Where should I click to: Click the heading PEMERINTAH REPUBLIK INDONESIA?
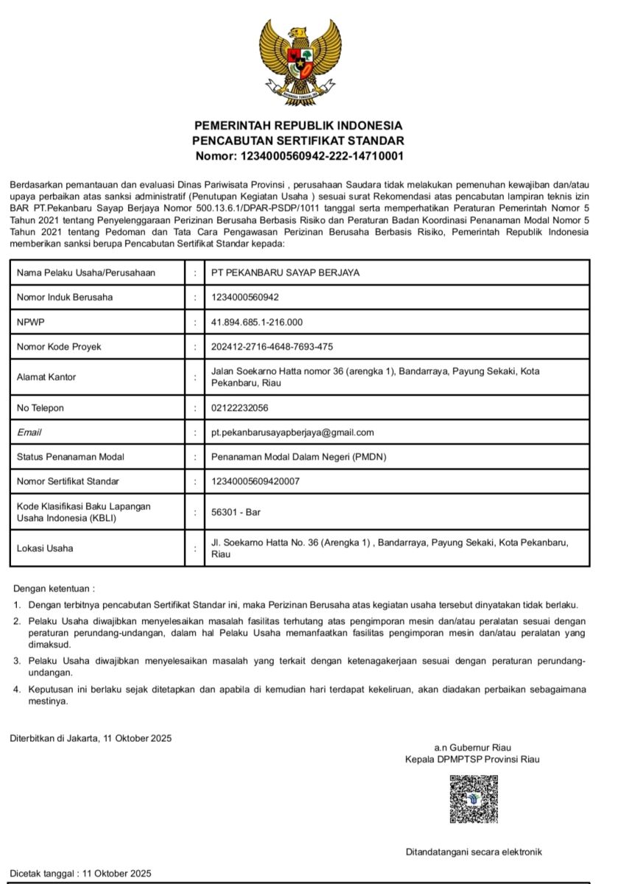(298, 125)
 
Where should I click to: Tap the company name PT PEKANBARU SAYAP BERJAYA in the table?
(285, 273)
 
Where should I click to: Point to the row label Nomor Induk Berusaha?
(65, 298)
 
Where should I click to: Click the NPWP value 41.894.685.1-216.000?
(257, 322)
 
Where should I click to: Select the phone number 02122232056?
(239, 407)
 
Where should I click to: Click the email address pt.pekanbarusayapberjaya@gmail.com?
(292, 432)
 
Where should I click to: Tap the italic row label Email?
(29, 432)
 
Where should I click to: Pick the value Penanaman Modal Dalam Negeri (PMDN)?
(298, 457)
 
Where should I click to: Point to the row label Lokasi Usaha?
(45, 548)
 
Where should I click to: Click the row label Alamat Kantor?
(46, 377)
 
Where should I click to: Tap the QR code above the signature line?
(474, 799)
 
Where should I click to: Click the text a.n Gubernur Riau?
(472, 748)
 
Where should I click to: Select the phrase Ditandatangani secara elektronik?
(474, 852)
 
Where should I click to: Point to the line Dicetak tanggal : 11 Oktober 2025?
(80, 873)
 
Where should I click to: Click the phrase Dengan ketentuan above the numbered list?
(54, 589)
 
